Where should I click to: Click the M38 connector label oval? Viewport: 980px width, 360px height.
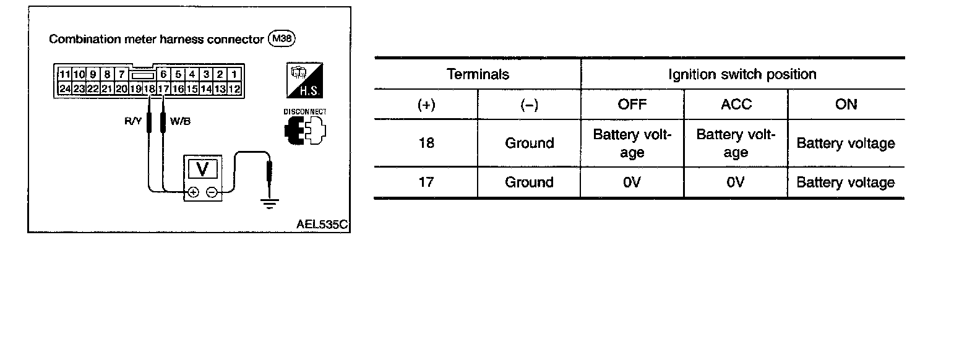[x=282, y=39]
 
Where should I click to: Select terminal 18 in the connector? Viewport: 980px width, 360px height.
[x=149, y=89]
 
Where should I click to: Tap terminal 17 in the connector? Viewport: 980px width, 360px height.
[x=163, y=89]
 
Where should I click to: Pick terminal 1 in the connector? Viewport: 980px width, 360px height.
[x=234, y=75]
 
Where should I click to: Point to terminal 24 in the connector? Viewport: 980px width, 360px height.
[x=64, y=89]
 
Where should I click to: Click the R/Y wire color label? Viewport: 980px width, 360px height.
[x=133, y=121]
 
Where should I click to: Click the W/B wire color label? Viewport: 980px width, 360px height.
[x=180, y=121]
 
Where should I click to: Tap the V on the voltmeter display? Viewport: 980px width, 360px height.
[x=202, y=168]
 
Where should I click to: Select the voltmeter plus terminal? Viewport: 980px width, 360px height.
[x=193, y=192]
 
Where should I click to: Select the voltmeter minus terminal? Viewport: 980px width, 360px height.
[x=211, y=192]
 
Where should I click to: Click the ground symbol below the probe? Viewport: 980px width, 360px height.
[x=269, y=202]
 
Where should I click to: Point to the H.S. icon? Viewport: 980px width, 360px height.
[x=306, y=80]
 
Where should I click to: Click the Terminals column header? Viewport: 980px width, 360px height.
[x=478, y=74]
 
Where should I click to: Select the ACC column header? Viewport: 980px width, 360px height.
[x=736, y=104]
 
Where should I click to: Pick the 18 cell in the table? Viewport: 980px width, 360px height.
[x=426, y=143]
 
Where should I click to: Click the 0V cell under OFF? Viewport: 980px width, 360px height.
[x=632, y=182]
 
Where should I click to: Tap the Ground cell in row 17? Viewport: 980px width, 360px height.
[x=529, y=182]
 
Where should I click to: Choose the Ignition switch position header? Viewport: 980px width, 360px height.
[x=742, y=74]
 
